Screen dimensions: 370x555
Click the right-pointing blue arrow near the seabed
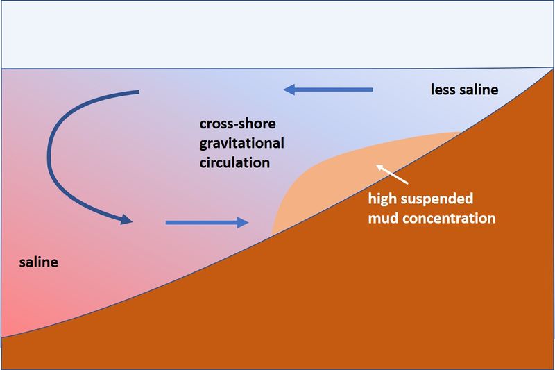[x=207, y=223]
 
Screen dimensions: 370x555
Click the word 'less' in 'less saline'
[x=443, y=91]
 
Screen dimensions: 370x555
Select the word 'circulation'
[x=233, y=164]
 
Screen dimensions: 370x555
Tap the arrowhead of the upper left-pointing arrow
[x=289, y=89]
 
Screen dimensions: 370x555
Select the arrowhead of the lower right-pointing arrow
[x=241, y=223]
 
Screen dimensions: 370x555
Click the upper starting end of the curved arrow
[x=139, y=92]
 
